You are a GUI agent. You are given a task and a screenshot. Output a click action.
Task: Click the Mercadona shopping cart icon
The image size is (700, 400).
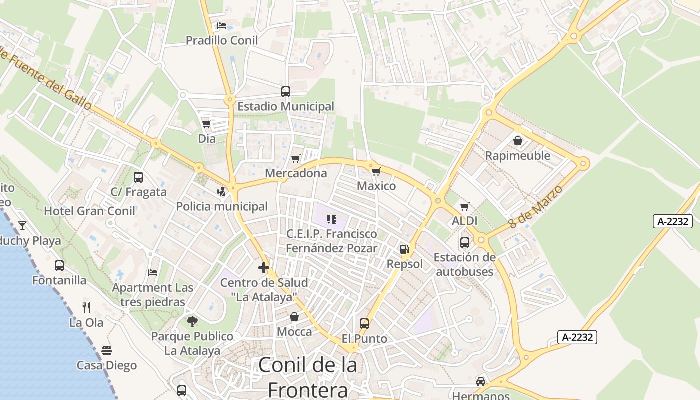pos(295,159)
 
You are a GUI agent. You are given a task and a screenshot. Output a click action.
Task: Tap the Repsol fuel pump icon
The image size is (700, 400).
pos(404,249)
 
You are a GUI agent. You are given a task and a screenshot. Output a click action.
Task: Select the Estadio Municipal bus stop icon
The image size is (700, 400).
pos(286,92)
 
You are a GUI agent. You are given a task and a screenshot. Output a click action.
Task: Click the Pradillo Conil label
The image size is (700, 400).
pos(222,40)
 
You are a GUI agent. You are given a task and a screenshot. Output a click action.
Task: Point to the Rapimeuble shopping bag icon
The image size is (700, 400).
pos(518,141)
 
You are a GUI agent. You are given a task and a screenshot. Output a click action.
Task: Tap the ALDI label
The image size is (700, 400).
pos(465,221)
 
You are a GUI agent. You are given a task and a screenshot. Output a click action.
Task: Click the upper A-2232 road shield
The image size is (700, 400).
pos(672,221)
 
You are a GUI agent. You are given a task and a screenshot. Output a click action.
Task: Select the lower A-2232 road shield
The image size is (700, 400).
pos(577,337)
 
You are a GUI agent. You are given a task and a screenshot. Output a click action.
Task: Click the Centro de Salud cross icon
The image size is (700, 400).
pos(264,268)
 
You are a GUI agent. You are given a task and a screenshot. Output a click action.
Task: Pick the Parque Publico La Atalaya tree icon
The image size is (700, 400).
pos(192,322)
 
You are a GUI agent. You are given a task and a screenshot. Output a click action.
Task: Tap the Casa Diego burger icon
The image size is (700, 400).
pos(107,351)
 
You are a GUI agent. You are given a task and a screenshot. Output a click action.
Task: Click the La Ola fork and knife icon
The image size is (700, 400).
pos(86,307)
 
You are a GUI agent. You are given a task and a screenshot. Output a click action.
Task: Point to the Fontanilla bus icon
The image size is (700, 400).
pos(59,266)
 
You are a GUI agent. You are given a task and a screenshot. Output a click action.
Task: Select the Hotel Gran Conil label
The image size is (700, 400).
pos(90,211)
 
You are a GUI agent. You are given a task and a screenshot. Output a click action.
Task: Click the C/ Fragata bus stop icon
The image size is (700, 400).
pos(138,177)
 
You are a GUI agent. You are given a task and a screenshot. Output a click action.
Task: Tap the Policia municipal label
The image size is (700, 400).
pos(222,206)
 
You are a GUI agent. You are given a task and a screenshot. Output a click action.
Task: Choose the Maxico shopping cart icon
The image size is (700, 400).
pos(376,172)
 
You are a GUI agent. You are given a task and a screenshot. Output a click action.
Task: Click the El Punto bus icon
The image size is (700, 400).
pos(364,324)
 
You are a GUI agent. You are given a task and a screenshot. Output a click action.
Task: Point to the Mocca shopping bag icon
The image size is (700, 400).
pos(294,317)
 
